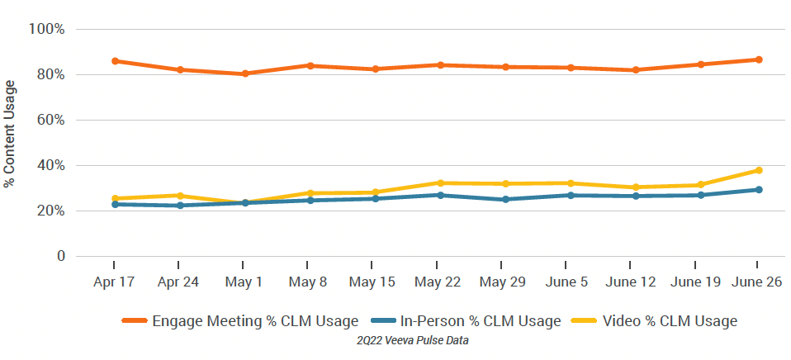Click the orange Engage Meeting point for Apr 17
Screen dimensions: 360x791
[x=114, y=61]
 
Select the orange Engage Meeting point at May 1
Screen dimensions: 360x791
[x=244, y=73]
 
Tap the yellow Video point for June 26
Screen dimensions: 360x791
[x=758, y=170]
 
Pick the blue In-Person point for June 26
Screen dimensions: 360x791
[x=758, y=190]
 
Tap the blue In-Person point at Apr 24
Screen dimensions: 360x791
[x=179, y=205]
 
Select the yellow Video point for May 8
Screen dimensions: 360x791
[x=310, y=193]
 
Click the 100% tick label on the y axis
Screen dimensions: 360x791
[x=46, y=30]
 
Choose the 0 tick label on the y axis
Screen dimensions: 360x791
[x=60, y=257]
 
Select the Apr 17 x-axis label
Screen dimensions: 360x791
[x=114, y=282]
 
